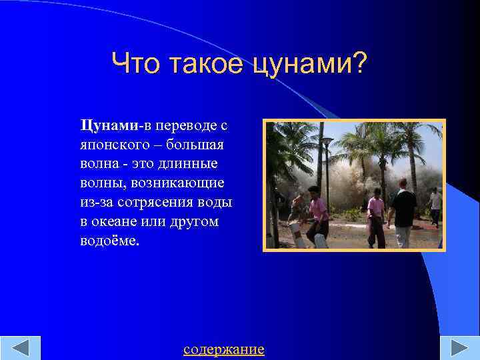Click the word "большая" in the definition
pyautogui.click(x=198, y=145)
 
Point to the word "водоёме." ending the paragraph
pyautogui.click(x=110, y=241)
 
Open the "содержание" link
pyautogui.click(x=223, y=349)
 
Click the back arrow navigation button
pyautogui.click(x=20, y=349)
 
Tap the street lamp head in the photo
pyautogui.click(x=327, y=141)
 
